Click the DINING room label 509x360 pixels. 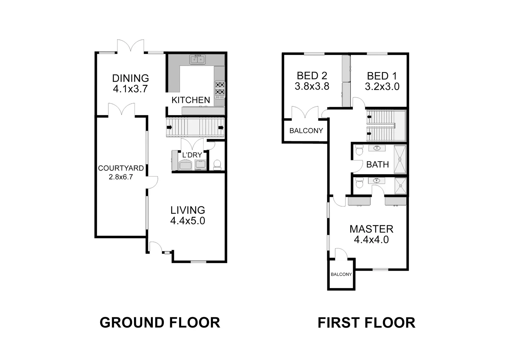click(130, 78)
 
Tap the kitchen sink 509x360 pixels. click(198, 60)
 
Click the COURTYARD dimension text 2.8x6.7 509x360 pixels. click(121, 177)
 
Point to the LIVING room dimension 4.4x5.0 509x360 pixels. click(188, 221)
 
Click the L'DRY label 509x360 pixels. click(192, 155)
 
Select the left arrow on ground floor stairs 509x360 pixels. click(169, 127)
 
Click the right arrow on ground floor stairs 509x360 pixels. click(221, 127)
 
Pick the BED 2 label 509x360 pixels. click(312, 76)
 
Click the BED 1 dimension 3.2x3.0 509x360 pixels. click(382, 87)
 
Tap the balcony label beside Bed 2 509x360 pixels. click(306, 131)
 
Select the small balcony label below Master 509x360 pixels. click(341, 274)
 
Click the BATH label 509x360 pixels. click(377, 164)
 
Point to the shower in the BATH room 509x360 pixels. click(400, 159)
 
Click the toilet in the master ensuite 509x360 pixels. click(359, 183)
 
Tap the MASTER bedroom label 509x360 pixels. click(371, 229)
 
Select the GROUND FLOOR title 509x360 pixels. click(160, 323)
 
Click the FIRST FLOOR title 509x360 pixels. click(366, 323)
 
